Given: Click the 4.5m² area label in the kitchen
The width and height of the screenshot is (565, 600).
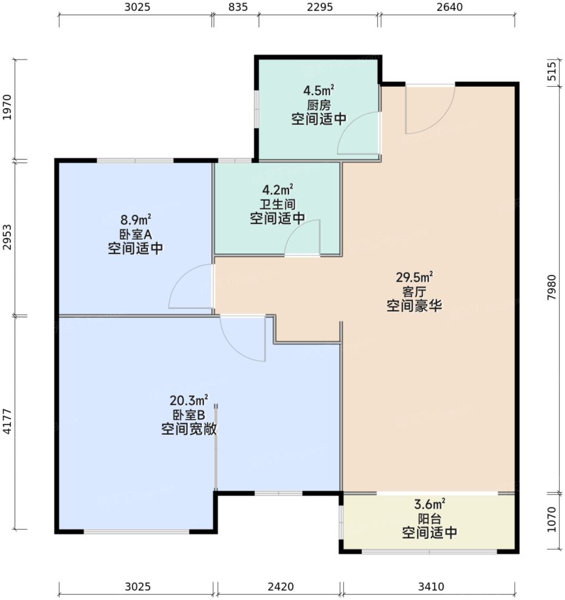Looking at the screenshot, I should [x=319, y=92].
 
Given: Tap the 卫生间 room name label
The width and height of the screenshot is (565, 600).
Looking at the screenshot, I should [x=277, y=204].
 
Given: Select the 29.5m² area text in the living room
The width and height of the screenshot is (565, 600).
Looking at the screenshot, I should [x=414, y=278].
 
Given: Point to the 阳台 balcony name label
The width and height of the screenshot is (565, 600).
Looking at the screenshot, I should [x=429, y=519].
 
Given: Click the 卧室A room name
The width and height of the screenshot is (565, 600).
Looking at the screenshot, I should [x=135, y=235].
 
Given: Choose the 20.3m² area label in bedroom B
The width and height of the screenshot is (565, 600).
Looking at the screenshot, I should [x=189, y=400].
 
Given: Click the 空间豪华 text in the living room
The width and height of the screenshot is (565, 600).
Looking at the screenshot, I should [x=414, y=306].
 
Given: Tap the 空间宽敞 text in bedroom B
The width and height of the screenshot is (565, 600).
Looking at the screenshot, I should [x=189, y=430].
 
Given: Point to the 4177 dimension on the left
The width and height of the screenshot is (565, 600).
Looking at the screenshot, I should [x=7, y=422].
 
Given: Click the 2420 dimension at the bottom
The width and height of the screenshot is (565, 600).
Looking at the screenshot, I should [x=279, y=587].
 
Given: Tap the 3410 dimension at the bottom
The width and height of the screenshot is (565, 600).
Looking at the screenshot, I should [x=430, y=587].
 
